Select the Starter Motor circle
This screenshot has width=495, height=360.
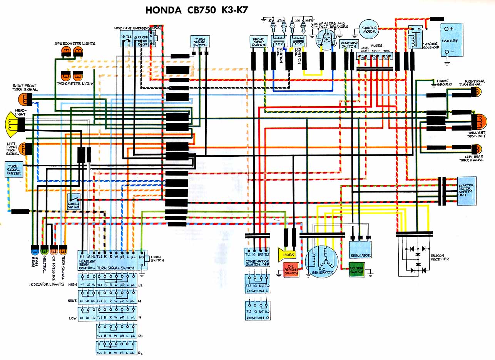pyautogui.click(x=369, y=28)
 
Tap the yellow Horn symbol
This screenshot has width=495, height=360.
pyautogui.click(x=288, y=255)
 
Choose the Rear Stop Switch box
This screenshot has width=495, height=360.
pyautogui.click(x=349, y=44)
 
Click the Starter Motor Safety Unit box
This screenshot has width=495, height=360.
pyautogui.click(x=467, y=191)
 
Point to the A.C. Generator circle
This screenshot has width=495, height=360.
pyautogui.click(x=321, y=260)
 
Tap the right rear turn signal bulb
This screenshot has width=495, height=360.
pyautogui.click(x=477, y=92)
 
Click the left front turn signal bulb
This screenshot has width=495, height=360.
pyautogui.click(x=25, y=148)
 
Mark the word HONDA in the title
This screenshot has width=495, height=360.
pyautogui.click(x=164, y=10)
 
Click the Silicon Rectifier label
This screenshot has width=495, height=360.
pyautogui.click(x=440, y=257)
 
